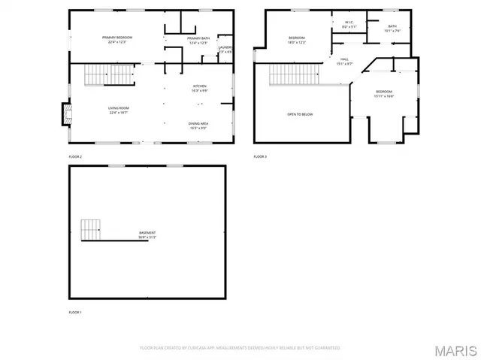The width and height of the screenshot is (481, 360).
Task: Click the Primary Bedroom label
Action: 117,40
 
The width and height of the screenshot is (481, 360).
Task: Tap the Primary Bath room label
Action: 198,40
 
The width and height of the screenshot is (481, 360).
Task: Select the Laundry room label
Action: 225,50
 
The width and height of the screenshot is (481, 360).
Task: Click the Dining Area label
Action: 198,125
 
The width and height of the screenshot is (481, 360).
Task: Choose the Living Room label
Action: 119,110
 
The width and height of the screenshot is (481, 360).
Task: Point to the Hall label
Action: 343,61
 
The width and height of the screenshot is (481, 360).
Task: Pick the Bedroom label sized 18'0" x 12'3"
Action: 298,40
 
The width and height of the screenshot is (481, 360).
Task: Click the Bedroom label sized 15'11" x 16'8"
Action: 384,94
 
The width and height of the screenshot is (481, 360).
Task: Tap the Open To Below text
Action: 300,114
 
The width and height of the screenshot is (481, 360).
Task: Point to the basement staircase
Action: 91,229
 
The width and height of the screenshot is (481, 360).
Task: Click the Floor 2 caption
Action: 75,156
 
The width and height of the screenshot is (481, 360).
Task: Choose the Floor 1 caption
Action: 75,312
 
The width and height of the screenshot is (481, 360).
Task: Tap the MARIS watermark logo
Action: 456,350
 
